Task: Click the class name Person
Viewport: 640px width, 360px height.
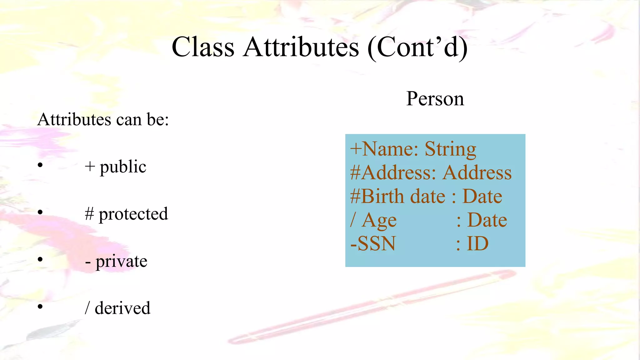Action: point(435,99)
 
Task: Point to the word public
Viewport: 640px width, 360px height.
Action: point(123,167)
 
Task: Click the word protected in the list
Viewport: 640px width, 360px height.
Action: point(133,214)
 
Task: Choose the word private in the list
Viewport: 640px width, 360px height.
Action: point(121,261)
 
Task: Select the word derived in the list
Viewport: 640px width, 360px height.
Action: point(122,308)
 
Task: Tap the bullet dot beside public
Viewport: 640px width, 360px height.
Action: point(40,165)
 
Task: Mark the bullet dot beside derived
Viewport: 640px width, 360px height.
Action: point(40,307)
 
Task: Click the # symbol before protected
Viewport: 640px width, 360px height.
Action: point(89,214)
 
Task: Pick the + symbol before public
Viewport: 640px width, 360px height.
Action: point(90,167)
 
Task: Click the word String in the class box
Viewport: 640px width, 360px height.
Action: point(450,149)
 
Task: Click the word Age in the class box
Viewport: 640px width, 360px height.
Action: point(379,220)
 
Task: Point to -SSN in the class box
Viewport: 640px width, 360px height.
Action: point(373,244)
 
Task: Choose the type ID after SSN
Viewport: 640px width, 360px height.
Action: point(477,244)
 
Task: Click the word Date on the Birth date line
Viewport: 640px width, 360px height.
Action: point(482,197)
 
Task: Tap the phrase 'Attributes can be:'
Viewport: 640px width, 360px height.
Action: point(103,119)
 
